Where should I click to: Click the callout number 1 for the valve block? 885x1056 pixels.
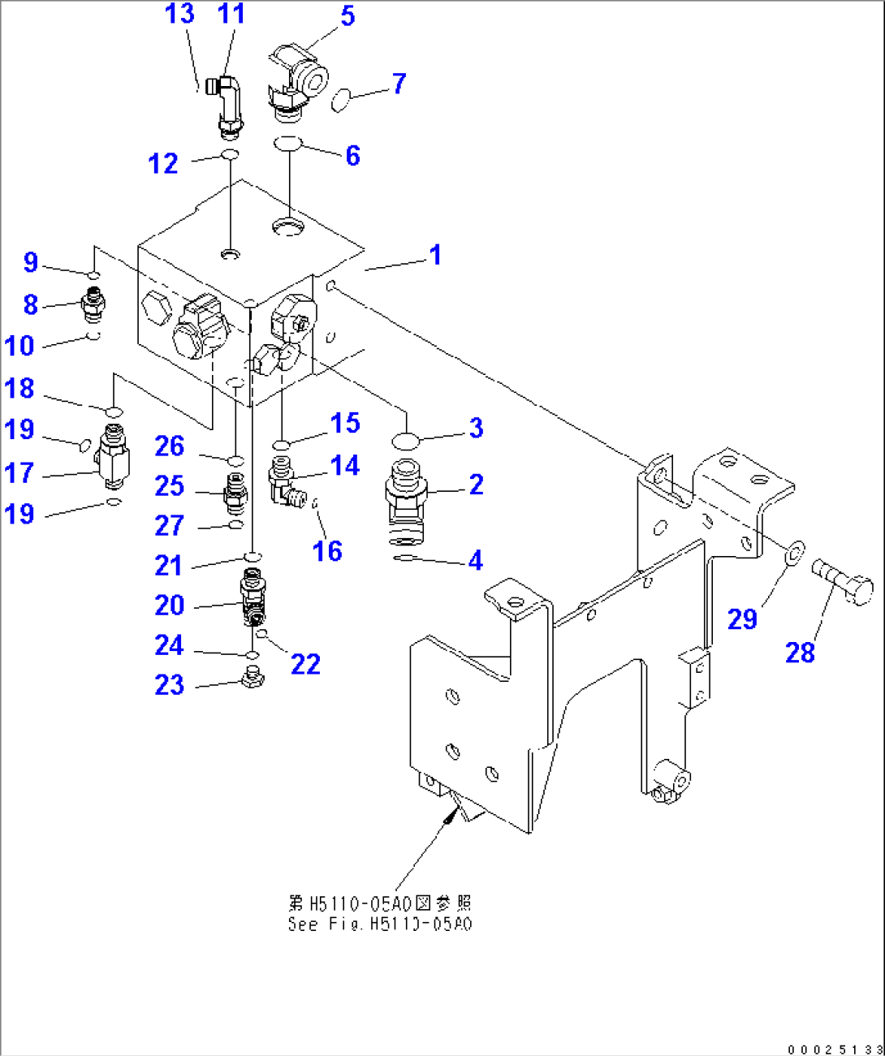click(435, 255)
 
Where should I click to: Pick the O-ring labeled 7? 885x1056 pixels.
click(341, 100)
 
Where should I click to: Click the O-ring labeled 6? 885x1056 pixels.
click(287, 144)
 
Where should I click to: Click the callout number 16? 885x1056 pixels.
click(327, 551)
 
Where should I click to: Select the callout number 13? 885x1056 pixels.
click(179, 14)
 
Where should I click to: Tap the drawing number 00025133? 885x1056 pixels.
click(835, 1049)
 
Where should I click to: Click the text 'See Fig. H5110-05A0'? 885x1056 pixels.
click(379, 925)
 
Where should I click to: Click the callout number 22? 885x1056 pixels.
click(305, 664)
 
